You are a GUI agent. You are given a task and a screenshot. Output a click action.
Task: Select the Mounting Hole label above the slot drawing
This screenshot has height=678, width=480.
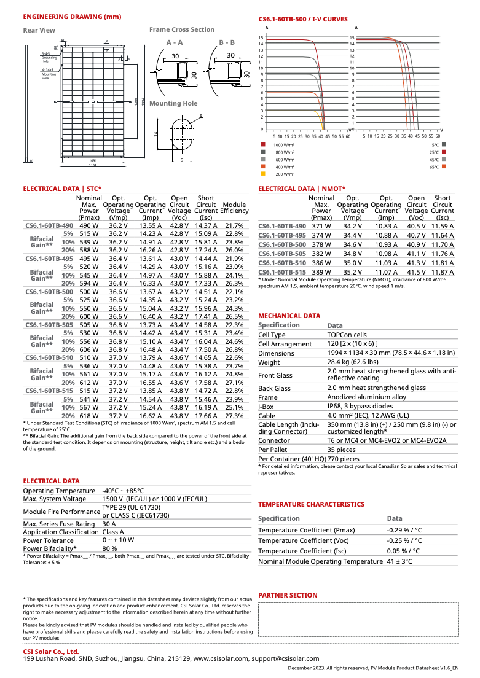pos(173,103)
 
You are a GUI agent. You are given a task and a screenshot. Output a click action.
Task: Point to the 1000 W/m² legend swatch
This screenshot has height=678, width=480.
pos(263,144)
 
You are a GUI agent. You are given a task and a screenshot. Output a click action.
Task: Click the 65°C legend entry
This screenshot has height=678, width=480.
pos(435,167)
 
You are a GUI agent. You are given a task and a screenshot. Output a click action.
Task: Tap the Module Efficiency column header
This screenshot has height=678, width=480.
pos(234,208)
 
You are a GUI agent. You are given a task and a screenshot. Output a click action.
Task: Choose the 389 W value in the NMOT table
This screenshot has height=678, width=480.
pos(321,271)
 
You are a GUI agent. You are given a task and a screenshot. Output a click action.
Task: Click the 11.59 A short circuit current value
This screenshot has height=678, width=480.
pos(443,226)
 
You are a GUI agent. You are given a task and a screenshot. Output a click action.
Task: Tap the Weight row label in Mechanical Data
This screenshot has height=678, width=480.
pos(269,362)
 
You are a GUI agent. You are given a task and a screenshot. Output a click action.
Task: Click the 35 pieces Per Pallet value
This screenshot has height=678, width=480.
pos(342,450)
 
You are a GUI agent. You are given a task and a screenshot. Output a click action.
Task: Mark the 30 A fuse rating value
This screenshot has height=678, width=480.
pos(109,524)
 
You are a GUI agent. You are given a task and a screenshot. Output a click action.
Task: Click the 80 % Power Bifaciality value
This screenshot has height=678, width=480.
pos(109,548)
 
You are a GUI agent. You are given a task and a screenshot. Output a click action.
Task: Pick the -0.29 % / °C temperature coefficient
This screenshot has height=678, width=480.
pos(404,530)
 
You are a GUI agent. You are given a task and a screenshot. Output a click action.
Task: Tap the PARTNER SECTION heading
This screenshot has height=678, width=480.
pos(288,595)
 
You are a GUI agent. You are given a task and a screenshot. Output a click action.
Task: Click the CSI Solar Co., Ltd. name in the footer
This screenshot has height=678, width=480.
pos(51,651)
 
